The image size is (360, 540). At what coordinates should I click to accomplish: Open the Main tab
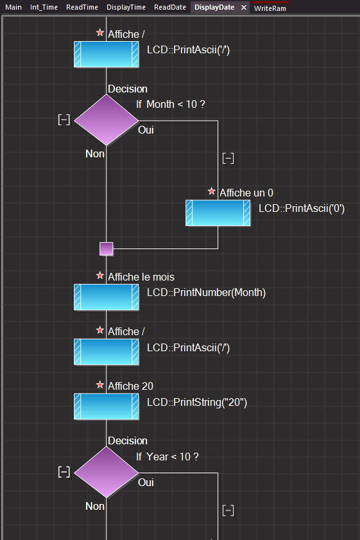13,7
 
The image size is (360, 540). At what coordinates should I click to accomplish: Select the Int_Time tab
44,7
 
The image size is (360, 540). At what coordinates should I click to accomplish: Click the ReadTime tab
82,7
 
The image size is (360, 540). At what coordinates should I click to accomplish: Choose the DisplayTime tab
126,7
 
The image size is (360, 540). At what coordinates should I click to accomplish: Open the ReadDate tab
170,7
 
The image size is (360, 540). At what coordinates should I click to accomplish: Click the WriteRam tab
270,8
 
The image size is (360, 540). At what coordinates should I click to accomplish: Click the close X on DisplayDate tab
244,7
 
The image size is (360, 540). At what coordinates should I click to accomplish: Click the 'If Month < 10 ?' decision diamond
107,120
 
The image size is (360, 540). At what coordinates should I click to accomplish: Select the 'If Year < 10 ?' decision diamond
107,473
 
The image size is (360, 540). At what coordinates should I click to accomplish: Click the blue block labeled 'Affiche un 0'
218,213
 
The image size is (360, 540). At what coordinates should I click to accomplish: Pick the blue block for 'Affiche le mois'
107,297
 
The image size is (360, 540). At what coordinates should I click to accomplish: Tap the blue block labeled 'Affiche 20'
107,406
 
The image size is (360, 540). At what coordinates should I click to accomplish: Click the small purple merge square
107,248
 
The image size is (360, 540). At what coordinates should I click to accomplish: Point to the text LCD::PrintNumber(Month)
206,293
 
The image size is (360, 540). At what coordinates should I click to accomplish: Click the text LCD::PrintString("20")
197,402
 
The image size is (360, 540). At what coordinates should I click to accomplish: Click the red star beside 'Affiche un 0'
212,191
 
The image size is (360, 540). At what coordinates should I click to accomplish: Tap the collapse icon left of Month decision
64,120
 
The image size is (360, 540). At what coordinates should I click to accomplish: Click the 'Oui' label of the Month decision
146,130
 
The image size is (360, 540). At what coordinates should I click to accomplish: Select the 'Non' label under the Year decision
95,506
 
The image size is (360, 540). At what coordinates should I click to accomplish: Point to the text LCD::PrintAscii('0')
302,209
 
